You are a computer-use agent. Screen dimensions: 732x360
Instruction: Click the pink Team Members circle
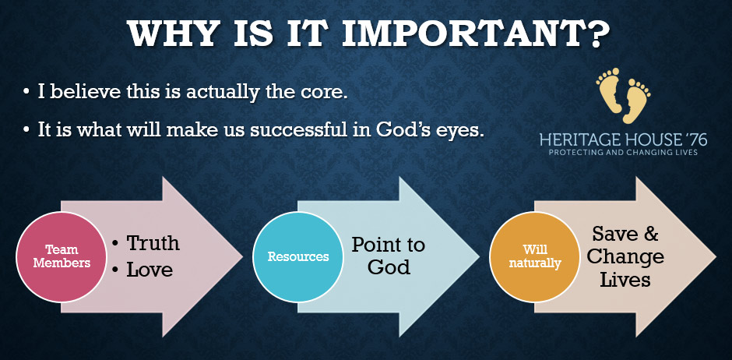click(x=62, y=257)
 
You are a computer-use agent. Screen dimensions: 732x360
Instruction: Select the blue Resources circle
click(x=297, y=257)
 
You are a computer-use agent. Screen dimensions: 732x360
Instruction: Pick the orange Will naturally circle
click(x=534, y=257)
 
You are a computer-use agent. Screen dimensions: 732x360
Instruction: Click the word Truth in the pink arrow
click(x=153, y=243)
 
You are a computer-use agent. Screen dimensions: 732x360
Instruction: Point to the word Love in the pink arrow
click(x=150, y=270)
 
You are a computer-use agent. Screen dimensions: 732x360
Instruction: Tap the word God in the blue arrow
click(x=389, y=268)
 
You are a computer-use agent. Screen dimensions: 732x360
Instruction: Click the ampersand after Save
click(x=651, y=234)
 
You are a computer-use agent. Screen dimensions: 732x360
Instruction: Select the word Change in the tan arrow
click(x=625, y=257)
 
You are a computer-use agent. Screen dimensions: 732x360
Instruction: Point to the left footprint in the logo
click(x=609, y=90)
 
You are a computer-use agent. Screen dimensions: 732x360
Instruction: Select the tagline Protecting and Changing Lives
click(x=623, y=153)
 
